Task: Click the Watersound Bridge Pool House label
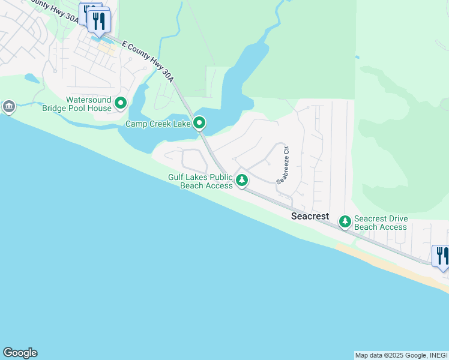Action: tap(89, 104)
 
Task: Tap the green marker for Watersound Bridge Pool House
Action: tap(121, 104)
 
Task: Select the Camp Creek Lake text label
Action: tap(158, 124)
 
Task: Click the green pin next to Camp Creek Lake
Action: tap(199, 124)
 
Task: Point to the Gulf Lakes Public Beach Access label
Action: tap(200, 181)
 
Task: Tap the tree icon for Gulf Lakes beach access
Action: tap(241, 180)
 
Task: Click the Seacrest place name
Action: tap(310, 216)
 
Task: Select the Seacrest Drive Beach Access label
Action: tap(381, 223)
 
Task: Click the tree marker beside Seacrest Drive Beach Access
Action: tap(345, 222)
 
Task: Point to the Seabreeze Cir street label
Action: tap(283, 164)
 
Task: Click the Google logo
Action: tap(20, 353)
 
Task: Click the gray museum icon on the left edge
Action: tap(8, 107)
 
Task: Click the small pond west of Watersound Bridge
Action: tap(32, 78)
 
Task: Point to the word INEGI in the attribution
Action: tap(438, 355)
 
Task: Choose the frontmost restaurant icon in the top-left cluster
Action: tap(98, 22)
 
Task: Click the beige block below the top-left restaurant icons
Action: tap(106, 48)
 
